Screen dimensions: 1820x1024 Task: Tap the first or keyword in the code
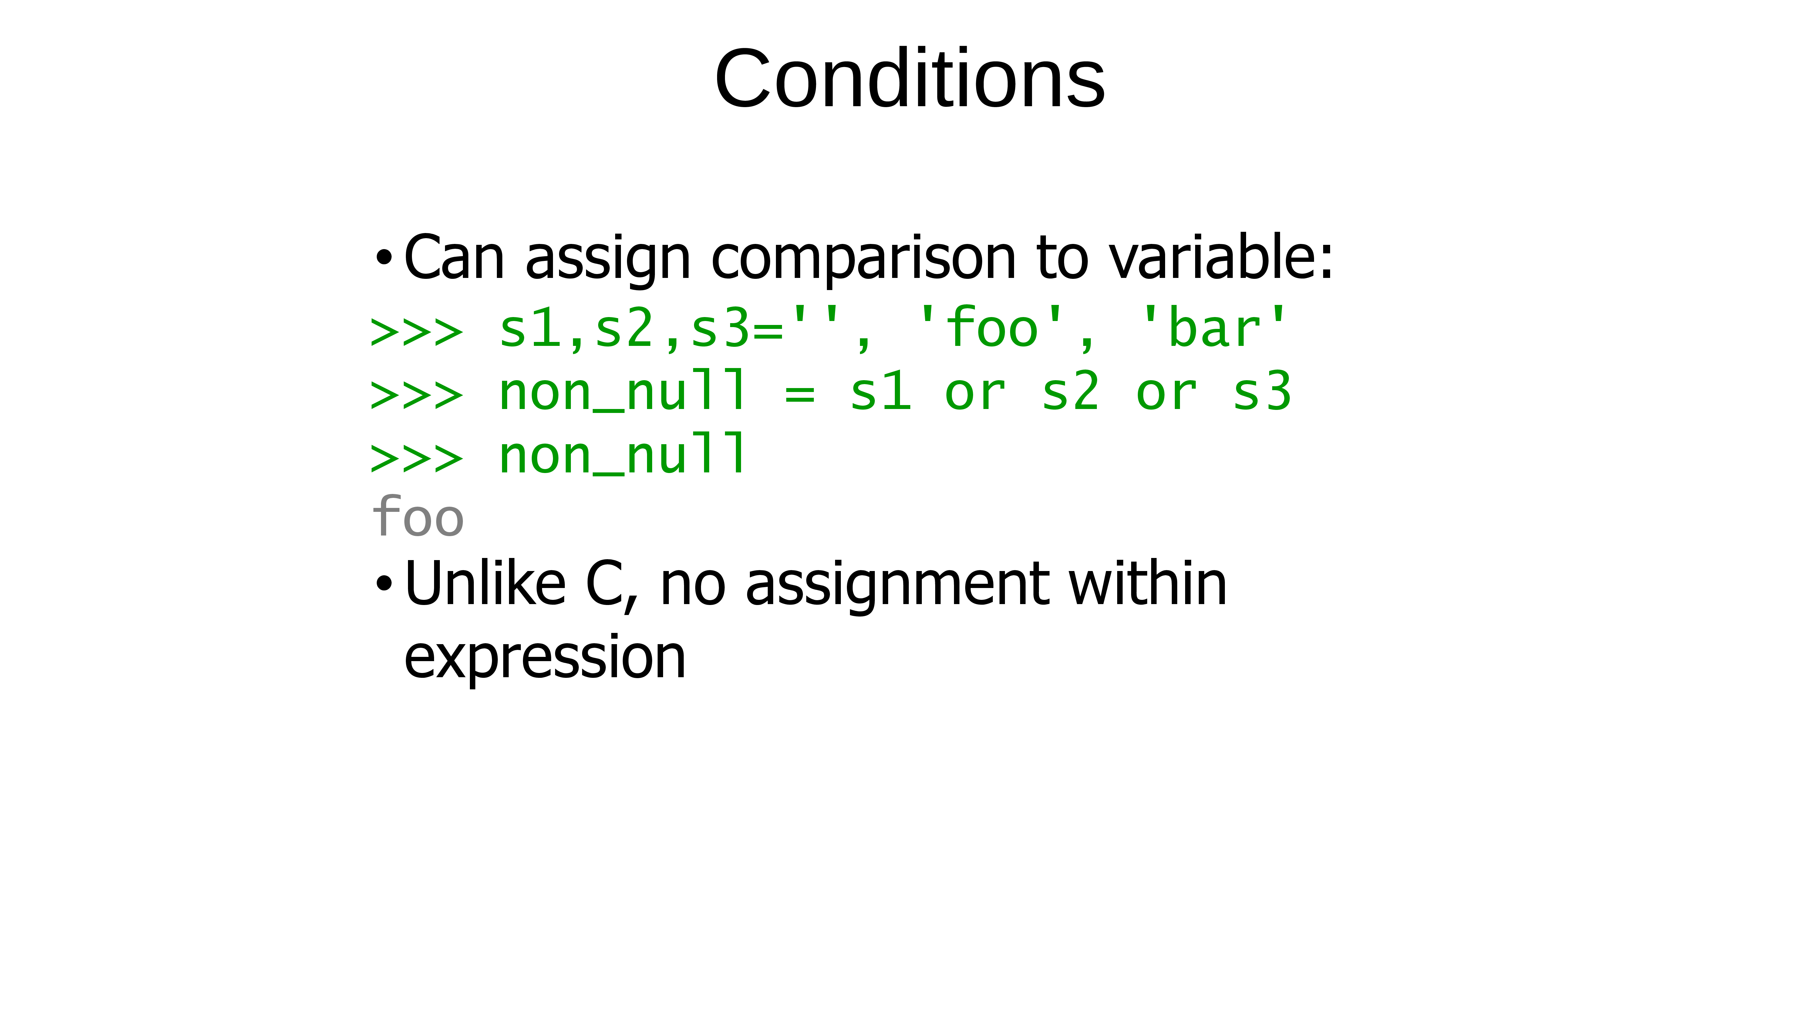(975, 393)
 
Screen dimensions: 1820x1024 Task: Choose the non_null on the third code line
(622, 455)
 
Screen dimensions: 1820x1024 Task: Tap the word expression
(545, 659)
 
